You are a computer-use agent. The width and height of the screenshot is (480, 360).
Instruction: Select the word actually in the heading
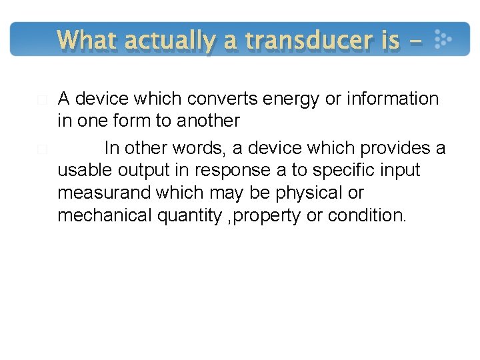[169, 41]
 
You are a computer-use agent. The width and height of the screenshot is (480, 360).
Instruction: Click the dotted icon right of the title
[442, 40]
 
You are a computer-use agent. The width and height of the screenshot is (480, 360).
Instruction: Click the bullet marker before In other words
[42, 149]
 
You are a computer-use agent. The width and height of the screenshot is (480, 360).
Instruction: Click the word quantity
[193, 216]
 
